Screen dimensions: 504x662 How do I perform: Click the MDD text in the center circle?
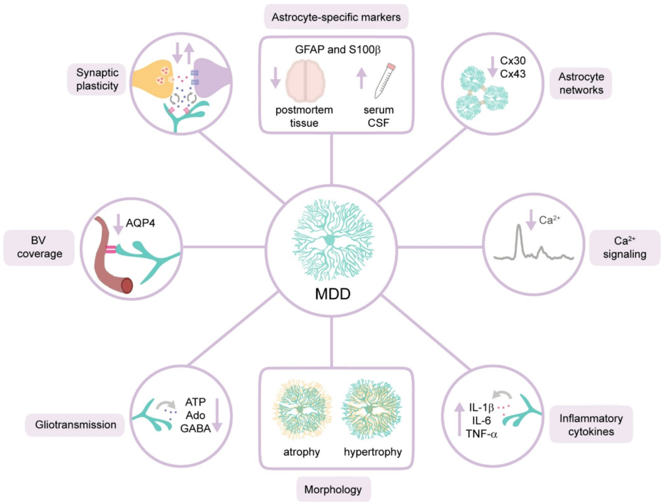pos(331,293)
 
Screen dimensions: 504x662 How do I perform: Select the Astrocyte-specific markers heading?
pos(336,17)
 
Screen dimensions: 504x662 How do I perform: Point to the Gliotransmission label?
pos(75,424)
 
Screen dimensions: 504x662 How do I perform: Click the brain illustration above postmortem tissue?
pos(307,78)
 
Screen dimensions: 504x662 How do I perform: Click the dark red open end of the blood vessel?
pos(126,285)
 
